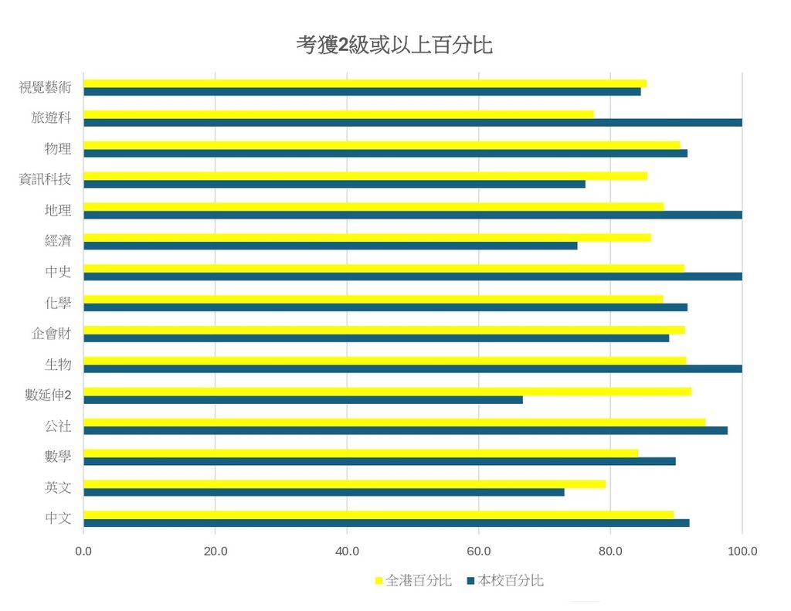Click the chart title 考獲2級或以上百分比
tap(394, 45)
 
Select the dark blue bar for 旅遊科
tap(412, 123)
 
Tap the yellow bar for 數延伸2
tap(388, 392)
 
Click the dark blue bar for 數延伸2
tap(303, 399)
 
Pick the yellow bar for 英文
tap(345, 484)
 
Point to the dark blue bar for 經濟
tap(331, 246)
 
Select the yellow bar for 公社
tap(395, 423)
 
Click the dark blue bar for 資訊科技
tap(334, 184)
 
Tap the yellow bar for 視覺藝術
tap(365, 83)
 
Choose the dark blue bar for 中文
tap(386, 523)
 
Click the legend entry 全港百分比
tap(414, 581)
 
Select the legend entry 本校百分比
tap(505, 581)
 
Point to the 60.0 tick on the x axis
tap(479, 551)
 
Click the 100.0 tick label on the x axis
tap(742, 551)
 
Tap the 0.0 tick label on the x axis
tap(83, 551)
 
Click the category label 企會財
tap(51, 334)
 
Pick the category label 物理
tap(57, 149)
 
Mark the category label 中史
tap(57, 272)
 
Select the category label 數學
tap(57, 457)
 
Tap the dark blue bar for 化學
tap(385, 307)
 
